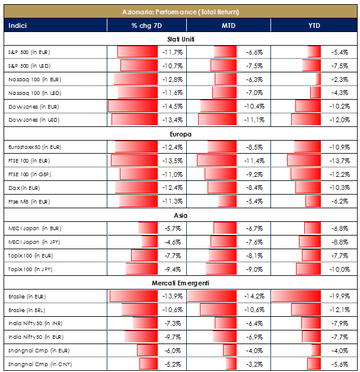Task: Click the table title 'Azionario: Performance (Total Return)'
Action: point(180,11)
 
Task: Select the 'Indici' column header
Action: point(18,26)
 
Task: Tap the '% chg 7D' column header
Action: point(146,26)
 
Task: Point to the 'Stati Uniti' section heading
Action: point(180,39)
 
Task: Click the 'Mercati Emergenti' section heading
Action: point(180,283)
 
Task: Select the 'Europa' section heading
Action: point(180,134)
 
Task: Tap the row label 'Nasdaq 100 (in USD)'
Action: point(35,93)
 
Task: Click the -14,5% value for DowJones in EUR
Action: point(172,107)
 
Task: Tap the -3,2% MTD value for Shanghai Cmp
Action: point(256,364)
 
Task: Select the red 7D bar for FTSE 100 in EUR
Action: point(133,161)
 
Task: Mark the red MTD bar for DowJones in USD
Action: point(217,120)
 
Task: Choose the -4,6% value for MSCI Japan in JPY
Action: point(173,242)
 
